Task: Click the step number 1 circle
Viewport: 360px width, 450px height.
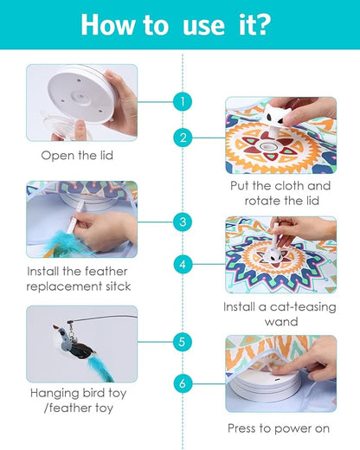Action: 183,101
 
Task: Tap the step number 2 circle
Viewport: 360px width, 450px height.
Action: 183,138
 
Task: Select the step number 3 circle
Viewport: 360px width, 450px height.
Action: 183,222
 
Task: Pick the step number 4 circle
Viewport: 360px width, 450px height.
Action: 183,264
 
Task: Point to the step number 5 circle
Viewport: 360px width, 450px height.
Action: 183,342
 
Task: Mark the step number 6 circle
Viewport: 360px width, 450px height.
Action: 183,383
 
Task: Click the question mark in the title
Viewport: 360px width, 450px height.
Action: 262,24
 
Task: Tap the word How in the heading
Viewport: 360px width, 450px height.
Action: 107,24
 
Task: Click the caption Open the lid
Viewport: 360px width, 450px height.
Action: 77,156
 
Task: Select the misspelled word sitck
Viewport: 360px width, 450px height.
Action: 118,286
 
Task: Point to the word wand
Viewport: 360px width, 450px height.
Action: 281,322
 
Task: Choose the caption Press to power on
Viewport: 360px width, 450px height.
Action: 279,428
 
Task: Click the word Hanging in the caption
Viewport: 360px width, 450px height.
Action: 55,394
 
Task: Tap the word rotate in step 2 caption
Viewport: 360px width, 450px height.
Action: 262,201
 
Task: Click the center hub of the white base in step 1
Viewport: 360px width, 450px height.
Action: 81,96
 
